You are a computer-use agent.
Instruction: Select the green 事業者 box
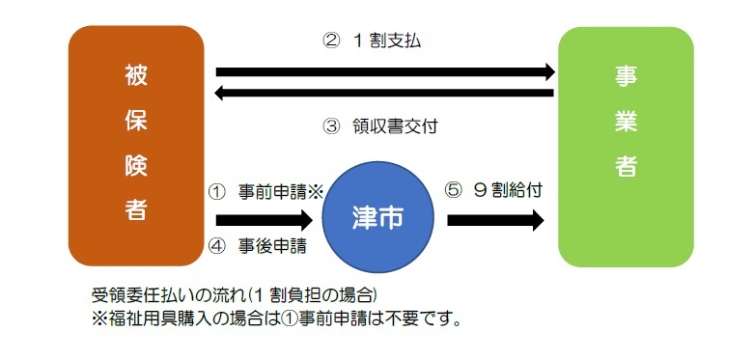point(626,147)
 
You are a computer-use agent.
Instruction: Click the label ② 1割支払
point(371,42)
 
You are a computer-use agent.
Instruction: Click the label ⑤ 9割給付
point(492,190)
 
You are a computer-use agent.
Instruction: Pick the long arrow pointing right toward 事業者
point(385,71)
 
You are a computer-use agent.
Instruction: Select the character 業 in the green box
point(625,120)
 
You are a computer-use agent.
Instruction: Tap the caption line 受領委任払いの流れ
point(233,294)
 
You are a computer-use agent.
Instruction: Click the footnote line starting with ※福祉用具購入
point(275,316)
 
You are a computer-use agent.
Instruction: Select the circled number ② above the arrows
point(329,42)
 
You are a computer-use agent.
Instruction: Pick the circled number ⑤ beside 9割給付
point(454,190)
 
